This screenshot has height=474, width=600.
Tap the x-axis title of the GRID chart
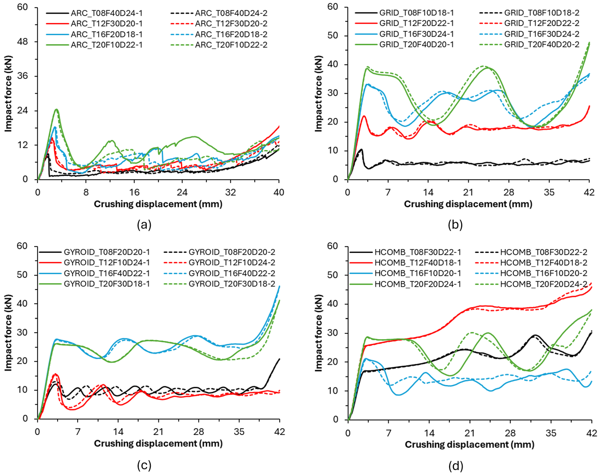click(x=468, y=204)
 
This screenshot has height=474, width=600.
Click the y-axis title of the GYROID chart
click(x=8, y=333)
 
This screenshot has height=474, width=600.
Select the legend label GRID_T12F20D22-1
click(x=416, y=23)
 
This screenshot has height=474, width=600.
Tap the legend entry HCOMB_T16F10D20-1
click(x=418, y=273)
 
